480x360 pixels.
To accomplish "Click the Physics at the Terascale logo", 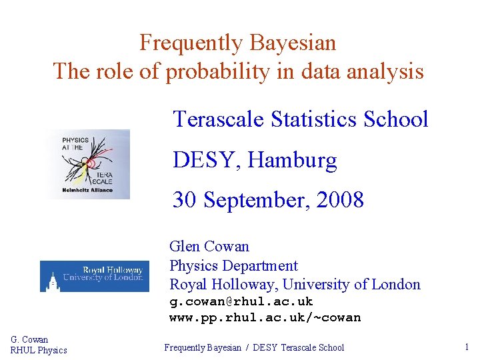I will click(89, 164).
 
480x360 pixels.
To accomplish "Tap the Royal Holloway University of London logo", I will click(95, 275).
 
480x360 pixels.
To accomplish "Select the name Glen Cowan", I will click(209, 247).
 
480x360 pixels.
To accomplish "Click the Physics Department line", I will click(233, 265).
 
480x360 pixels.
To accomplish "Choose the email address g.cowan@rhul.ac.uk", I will click(241, 301).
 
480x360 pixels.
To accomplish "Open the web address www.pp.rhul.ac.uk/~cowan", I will click(265, 317).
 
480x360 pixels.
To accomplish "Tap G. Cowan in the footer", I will click(29, 339).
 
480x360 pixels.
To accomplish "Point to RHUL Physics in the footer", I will click(39, 350).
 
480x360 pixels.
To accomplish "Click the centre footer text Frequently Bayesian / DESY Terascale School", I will click(254, 347).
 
